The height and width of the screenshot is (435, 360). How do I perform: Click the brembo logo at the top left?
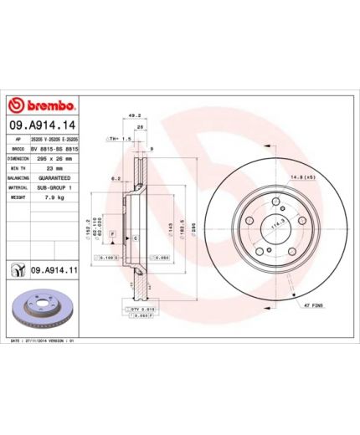point(42,105)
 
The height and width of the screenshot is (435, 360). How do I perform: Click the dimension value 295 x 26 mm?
point(57,156)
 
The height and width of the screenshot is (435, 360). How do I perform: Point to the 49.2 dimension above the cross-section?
point(132,117)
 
